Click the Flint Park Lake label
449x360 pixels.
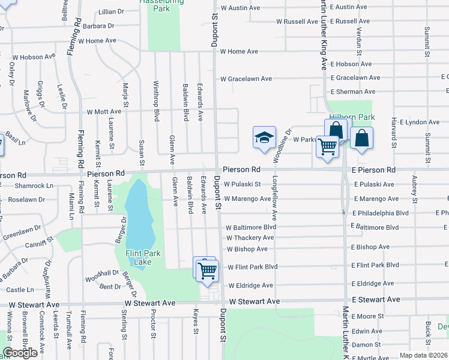[143, 257]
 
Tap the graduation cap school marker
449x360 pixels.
[264, 138]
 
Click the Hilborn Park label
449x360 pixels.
[351, 118]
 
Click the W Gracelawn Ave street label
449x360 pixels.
[246, 79]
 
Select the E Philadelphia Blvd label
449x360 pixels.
[381, 213]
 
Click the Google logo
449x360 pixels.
[20, 352]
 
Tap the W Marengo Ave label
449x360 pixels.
[247, 199]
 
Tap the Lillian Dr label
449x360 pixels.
[111, 11]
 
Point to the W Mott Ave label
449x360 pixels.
[104, 112]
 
